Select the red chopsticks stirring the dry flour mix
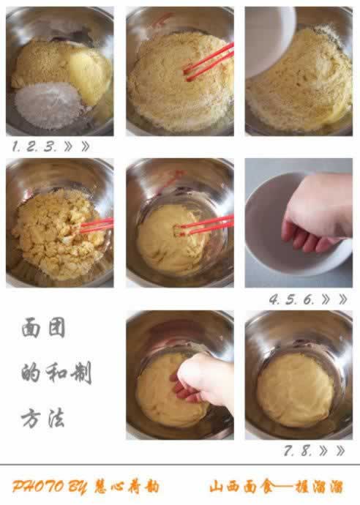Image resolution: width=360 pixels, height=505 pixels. click(x=209, y=61)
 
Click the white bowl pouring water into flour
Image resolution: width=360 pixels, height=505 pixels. click(x=269, y=41)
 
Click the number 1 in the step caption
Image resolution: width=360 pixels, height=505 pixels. click(x=15, y=146)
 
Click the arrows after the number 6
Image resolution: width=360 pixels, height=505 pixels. click(x=333, y=299)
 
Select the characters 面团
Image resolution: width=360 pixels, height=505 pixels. click(x=44, y=328)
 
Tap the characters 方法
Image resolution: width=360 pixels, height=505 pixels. click(x=44, y=418)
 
